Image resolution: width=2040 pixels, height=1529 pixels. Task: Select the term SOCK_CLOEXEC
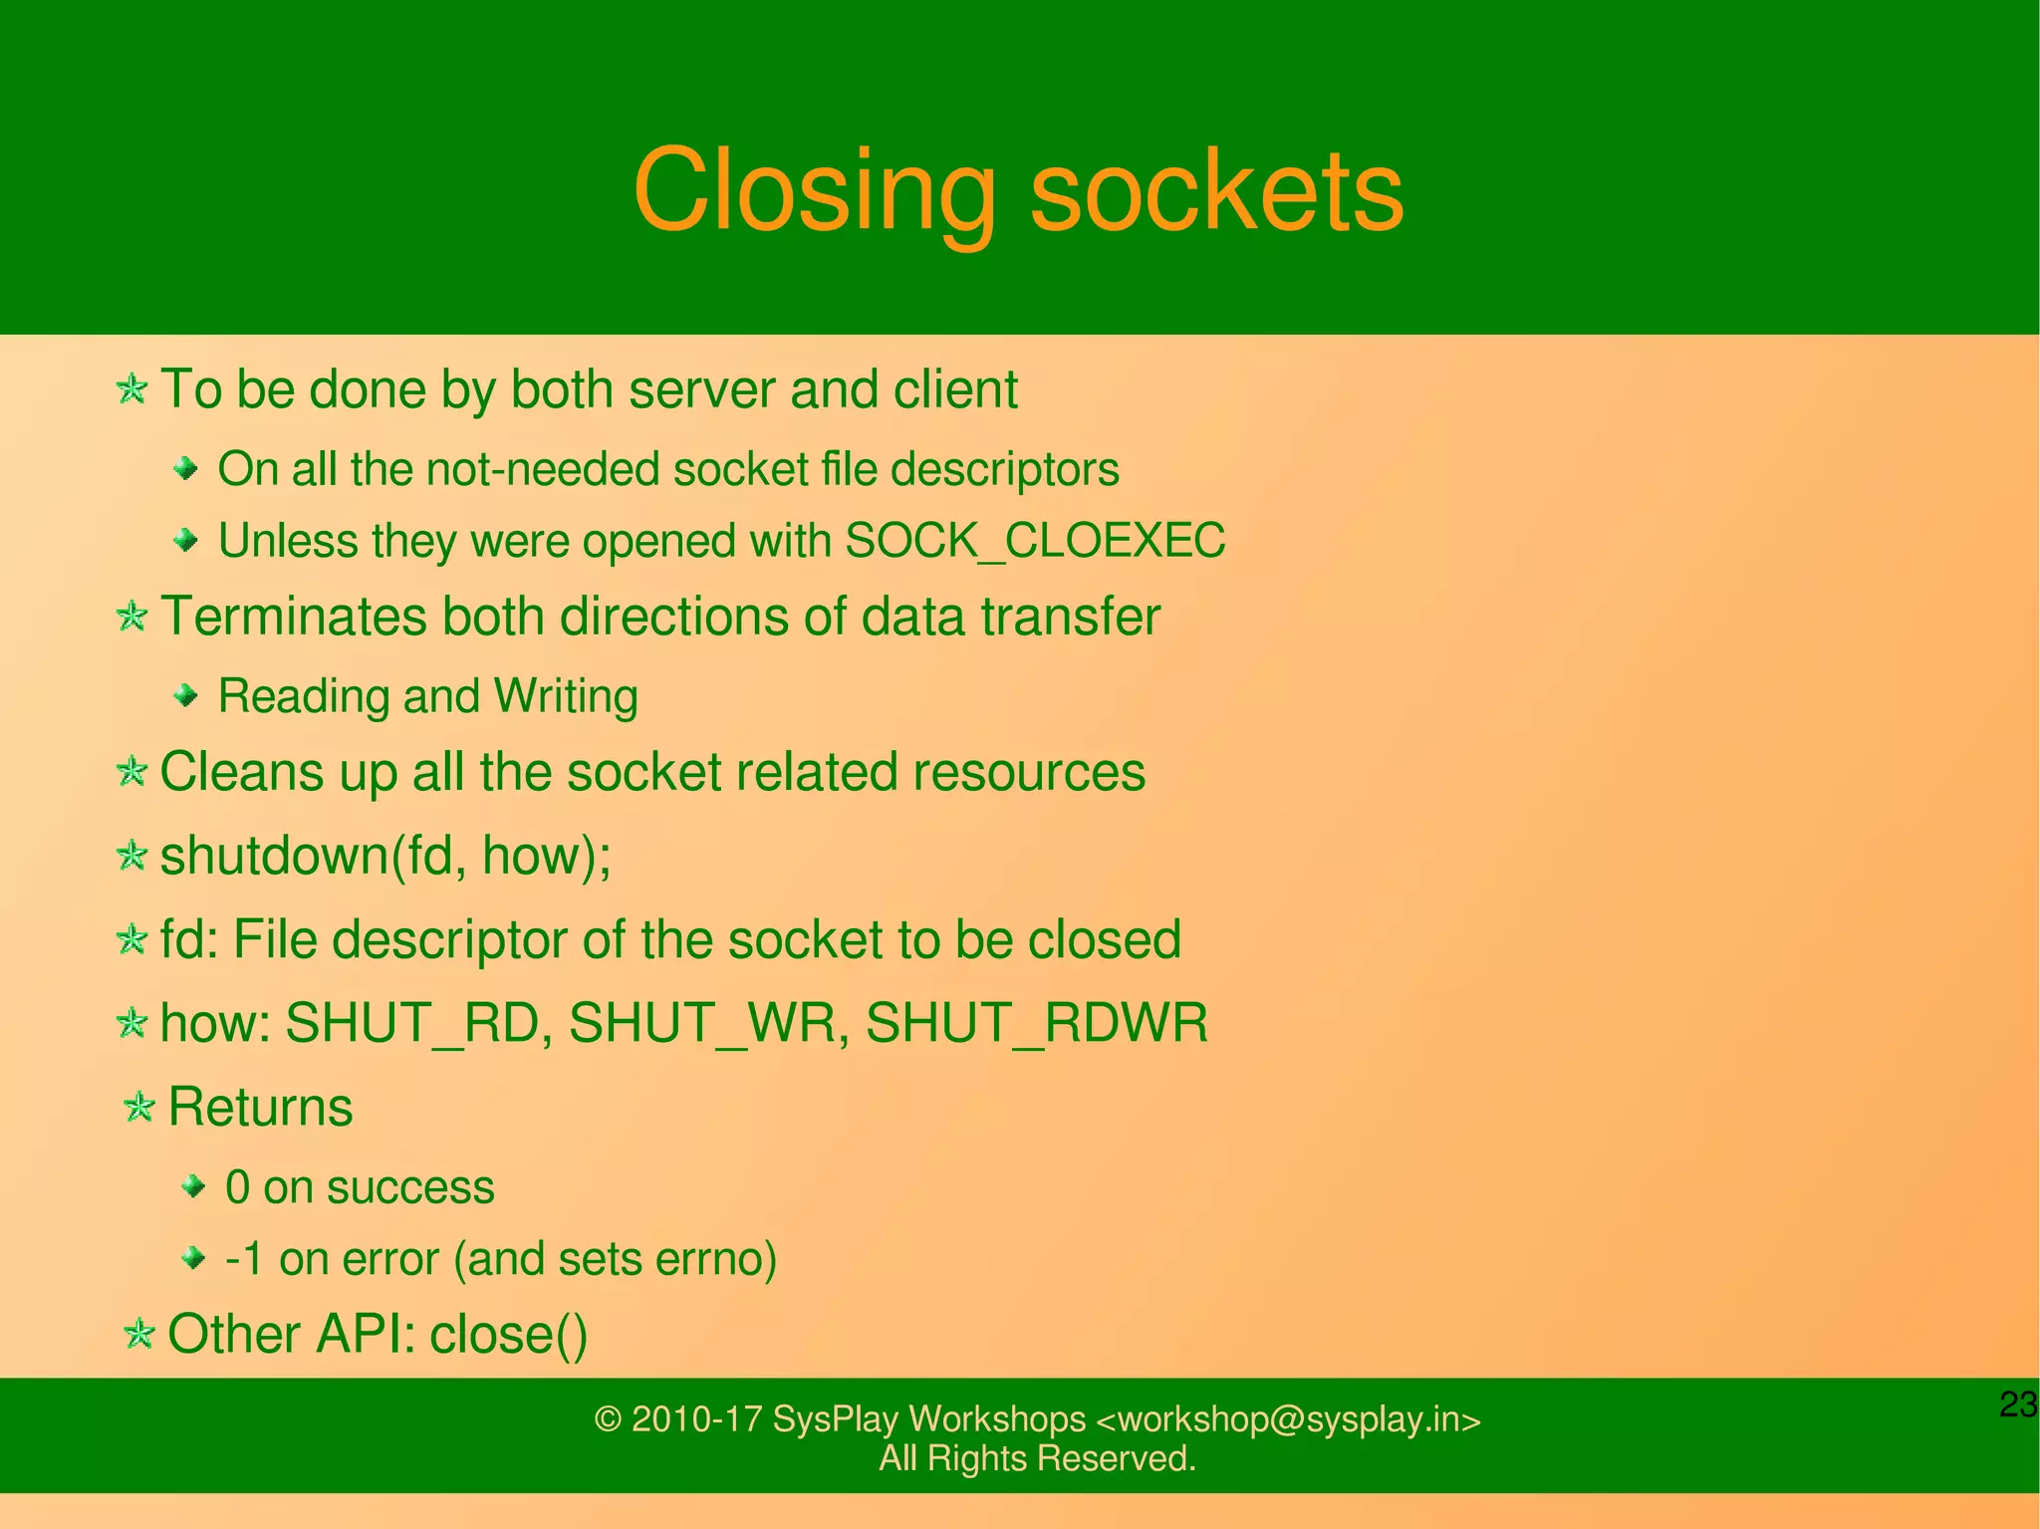(1035, 541)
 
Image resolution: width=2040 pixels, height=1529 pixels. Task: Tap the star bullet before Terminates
(131, 616)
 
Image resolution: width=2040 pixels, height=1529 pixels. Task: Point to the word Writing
(566, 696)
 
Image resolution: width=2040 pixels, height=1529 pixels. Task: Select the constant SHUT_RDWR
(1036, 1023)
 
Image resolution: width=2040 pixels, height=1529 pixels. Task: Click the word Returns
(260, 1107)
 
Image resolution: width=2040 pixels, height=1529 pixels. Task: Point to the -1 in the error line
(245, 1259)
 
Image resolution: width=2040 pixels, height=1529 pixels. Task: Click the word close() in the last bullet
(508, 1335)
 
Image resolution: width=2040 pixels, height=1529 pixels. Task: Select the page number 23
(2018, 1404)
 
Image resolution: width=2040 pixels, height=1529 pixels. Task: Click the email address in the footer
(1288, 1418)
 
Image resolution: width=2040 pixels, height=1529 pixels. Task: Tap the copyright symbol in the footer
(608, 1419)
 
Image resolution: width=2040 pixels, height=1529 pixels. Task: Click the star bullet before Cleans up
(131, 771)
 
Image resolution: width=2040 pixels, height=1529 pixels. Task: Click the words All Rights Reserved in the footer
(1037, 1458)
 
